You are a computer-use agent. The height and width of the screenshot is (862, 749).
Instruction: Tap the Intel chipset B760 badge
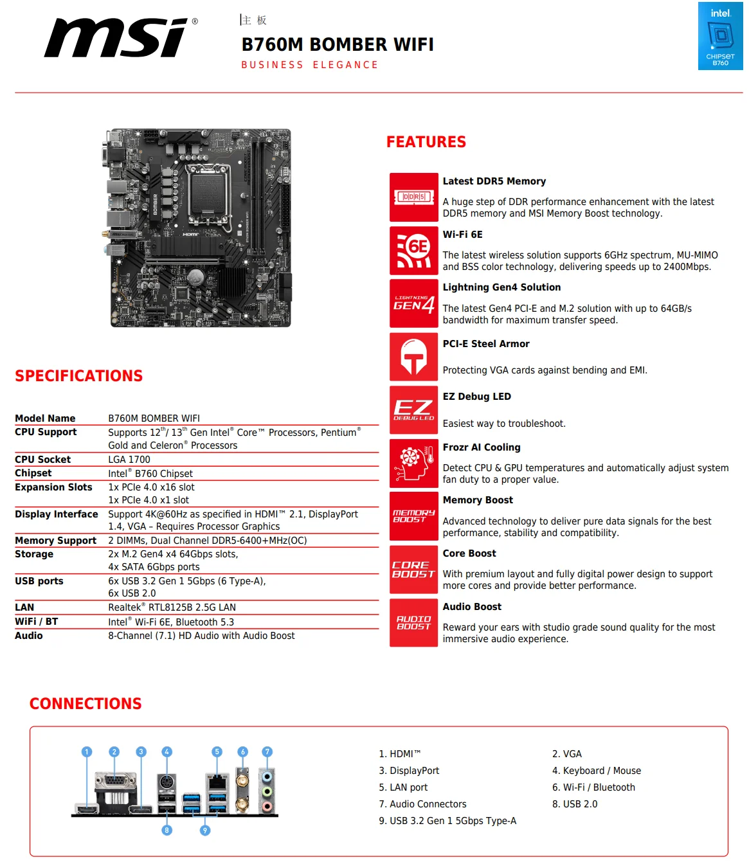click(x=720, y=36)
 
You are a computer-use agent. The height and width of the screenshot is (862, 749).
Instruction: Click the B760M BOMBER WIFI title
click(x=338, y=44)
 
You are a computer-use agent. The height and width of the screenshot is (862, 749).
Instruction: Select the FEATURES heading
click(x=426, y=142)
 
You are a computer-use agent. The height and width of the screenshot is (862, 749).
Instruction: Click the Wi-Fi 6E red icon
click(x=413, y=251)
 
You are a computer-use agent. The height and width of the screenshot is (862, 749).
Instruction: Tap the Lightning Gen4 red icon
click(x=413, y=303)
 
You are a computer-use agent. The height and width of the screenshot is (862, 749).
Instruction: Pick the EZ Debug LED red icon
click(x=413, y=410)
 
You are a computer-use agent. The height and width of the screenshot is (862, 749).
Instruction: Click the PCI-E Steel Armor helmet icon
click(x=413, y=357)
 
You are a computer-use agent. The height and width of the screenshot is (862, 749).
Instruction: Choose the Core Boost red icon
click(x=413, y=570)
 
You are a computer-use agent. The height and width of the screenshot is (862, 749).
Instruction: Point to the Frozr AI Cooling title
click(x=482, y=447)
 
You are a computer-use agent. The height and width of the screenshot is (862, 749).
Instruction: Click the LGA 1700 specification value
click(x=129, y=460)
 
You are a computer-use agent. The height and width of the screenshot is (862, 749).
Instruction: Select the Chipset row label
click(x=33, y=473)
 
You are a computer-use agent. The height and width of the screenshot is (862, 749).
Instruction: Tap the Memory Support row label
click(x=56, y=541)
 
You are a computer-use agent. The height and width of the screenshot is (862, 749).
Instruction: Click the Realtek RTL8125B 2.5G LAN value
click(x=172, y=607)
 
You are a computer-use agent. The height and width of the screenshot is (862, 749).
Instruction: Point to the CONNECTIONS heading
click(x=86, y=704)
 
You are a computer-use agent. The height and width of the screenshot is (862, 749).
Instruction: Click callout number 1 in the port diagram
click(x=87, y=752)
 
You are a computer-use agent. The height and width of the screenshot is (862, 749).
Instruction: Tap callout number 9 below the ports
click(x=205, y=831)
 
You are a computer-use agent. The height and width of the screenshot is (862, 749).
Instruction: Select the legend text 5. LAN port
click(x=403, y=787)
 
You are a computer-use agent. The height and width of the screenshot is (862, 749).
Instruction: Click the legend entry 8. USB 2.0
click(x=575, y=804)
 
